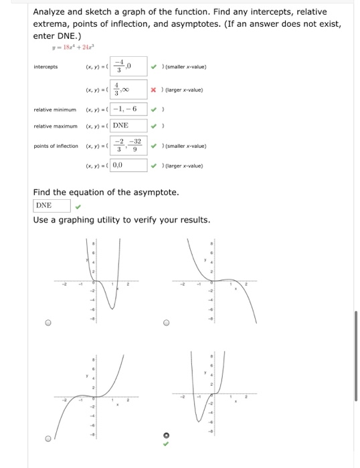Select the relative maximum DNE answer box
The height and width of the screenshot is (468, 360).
click(x=128, y=125)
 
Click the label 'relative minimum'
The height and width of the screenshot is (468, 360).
click(x=51, y=108)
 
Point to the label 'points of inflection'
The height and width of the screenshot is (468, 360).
click(x=55, y=146)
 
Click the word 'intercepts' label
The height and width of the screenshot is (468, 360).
click(x=46, y=67)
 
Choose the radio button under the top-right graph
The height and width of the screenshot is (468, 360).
click(x=167, y=322)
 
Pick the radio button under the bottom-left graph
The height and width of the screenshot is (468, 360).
click(x=48, y=439)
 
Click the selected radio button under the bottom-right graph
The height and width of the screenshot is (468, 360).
click(x=167, y=439)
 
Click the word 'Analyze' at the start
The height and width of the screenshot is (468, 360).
click(x=51, y=12)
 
